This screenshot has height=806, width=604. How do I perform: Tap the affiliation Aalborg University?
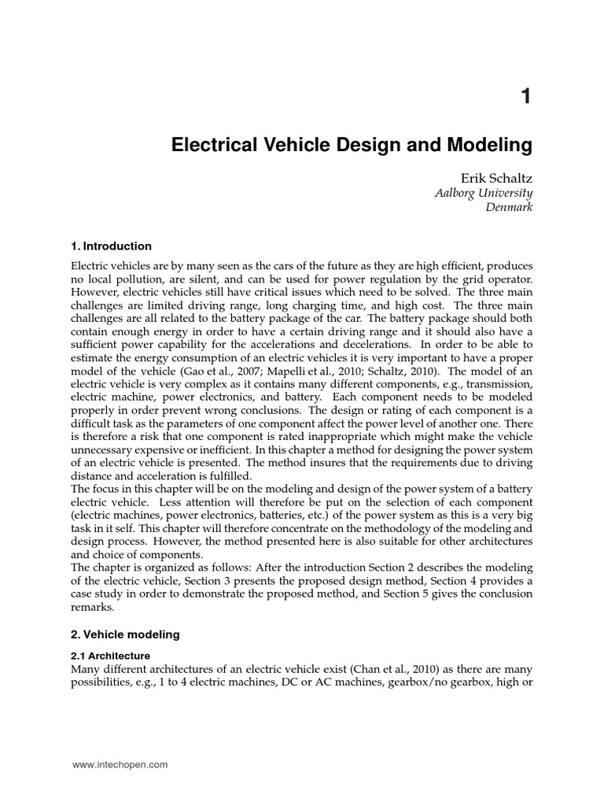click(x=484, y=194)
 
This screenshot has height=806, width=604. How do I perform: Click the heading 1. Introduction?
click(x=111, y=246)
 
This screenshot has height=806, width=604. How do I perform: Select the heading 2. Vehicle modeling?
click(x=126, y=634)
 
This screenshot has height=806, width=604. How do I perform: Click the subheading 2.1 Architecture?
click(x=110, y=654)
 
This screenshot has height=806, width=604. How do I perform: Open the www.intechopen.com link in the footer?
click(x=120, y=764)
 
